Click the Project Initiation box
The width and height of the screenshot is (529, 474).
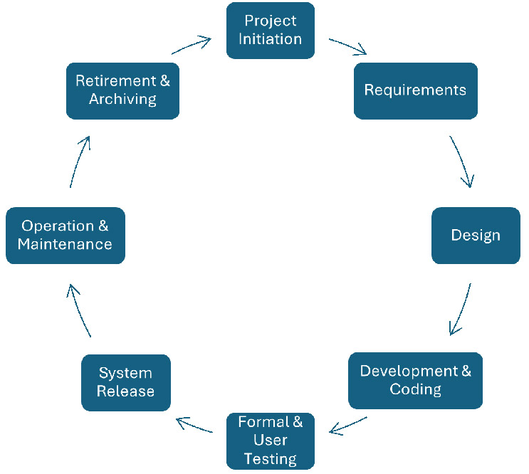pyautogui.click(x=270, y=30)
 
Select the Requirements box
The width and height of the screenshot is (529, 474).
pyautogui.click(x=415, y=90)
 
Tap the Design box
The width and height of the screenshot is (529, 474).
pyautogui.click(x=476, y=235)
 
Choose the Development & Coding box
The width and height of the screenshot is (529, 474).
pyautogui.click(x=415, y=380)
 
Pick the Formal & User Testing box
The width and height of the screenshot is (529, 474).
pyautogui.click(x=270, y=441)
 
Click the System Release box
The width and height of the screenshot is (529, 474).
pyautogui.click(x=125, y=382)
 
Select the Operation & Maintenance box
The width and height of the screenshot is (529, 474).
pyautogui.click(x=65, y=235)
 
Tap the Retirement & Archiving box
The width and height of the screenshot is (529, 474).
pyautogui.click(x=122, y=90)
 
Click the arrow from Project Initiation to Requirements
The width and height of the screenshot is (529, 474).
pyautogui.click(x=348, y=46)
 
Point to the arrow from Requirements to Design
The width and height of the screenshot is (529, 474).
pyautogui.click(x=462, y=162)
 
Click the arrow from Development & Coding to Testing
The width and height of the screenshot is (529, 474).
pyautogui.click(x=348, y=425)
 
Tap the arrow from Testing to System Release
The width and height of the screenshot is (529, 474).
pyautogui.click(x=194, y=425)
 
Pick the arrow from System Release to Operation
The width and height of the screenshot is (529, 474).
pyautogui.click(x=79, y=310)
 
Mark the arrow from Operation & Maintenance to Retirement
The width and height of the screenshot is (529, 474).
pyautogui.click(x=80, y=162)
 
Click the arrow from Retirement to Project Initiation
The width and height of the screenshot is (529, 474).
pyautogui.click(x=192, y=46)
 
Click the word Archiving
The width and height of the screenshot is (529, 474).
pyautogui.click(x=122, y=99)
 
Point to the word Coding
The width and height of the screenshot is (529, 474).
pyautogui.click(x=415, y=389)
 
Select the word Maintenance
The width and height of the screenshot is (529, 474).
pyautogui.click(x=65, y=244)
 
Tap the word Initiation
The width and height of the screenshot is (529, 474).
pyautogui.click(x=270, y=38)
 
